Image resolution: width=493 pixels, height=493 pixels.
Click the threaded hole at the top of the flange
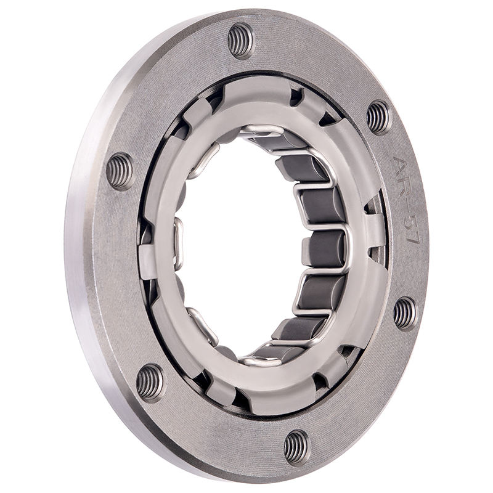tap(241, 41)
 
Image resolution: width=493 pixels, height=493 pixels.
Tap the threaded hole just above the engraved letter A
tap(379, 117)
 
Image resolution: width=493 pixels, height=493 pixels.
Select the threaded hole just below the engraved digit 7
tap(405, 314)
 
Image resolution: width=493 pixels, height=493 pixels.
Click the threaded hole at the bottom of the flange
tap(297, 447)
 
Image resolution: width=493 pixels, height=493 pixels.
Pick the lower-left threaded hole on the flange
tap(150, 383)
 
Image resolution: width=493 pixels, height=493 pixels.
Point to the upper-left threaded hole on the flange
tap(120, 171)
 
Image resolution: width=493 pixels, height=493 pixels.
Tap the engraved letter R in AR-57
tap(404, 188)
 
